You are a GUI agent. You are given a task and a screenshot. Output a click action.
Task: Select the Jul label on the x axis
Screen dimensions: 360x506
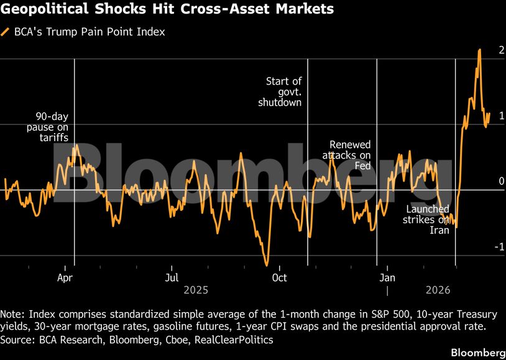(172, 277)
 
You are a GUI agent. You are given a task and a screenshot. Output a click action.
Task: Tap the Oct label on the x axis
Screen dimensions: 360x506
(280, 277)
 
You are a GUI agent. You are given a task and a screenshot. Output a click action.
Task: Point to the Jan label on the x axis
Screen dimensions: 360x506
(387, 277)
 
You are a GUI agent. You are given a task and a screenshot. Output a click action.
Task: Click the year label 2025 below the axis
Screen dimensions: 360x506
(196, 290)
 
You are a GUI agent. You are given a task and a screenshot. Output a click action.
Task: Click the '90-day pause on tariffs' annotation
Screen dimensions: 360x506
(51, 127)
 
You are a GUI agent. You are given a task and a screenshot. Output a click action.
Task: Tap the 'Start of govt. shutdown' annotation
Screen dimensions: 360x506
(280, 91)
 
